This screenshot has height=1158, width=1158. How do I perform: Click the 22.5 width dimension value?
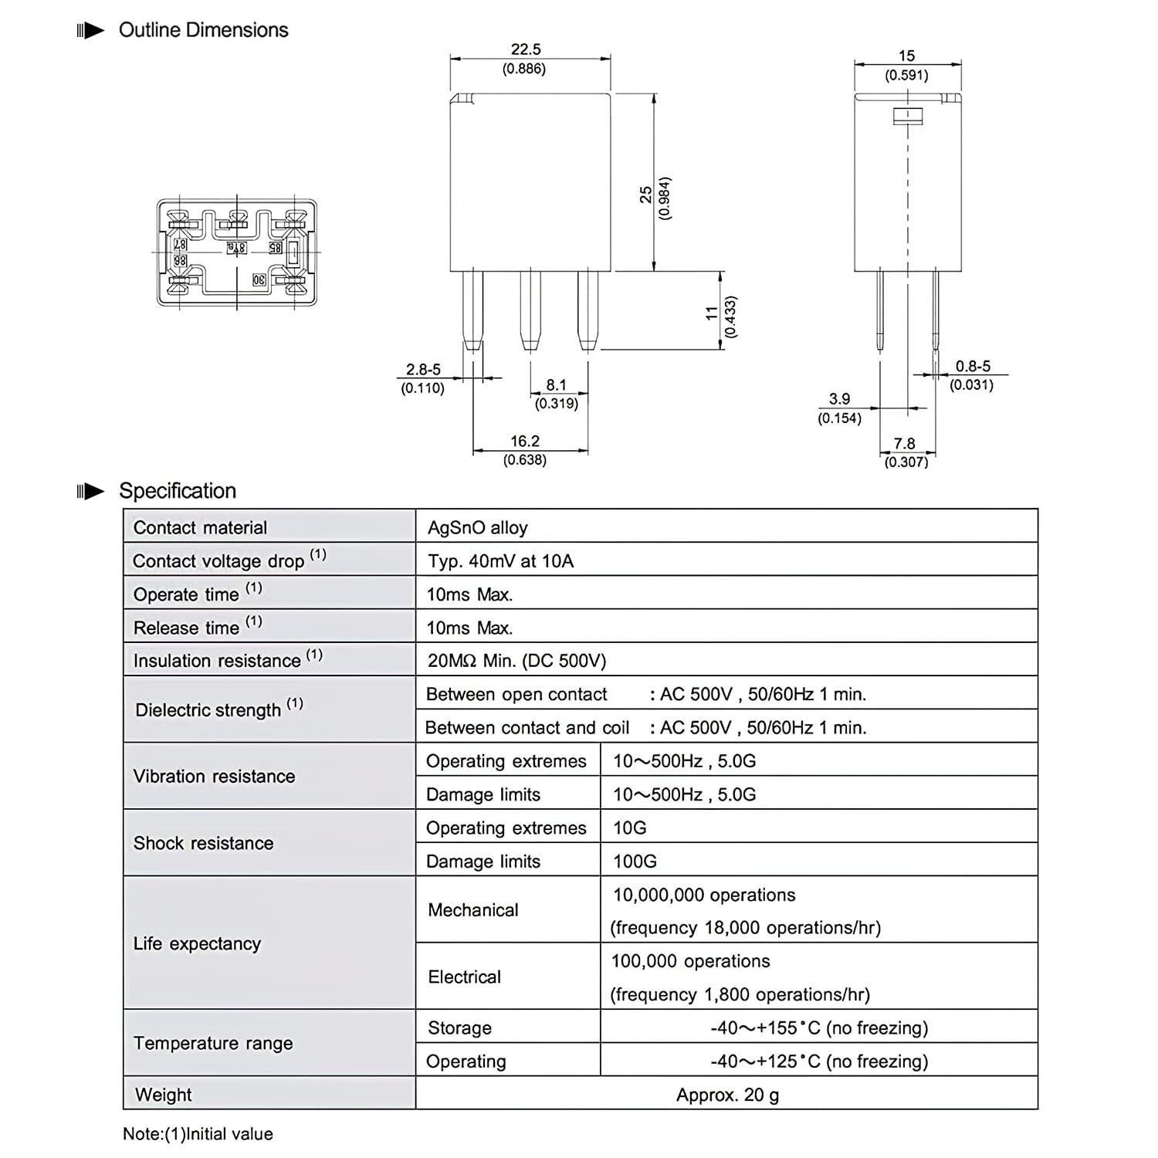(525, 49)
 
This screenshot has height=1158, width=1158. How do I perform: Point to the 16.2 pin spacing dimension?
(525, 441)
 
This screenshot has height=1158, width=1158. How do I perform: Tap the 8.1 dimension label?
(556, 384)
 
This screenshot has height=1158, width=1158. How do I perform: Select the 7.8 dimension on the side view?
(904, 444)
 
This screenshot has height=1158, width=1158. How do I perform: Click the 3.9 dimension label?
(839, 399)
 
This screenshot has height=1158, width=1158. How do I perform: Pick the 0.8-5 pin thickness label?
(972, 367)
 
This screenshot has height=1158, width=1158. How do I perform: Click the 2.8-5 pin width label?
(423, 370)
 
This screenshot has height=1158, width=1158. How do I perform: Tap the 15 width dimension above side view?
(906, 56)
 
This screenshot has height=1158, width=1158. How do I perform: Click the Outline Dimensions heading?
(203, 30)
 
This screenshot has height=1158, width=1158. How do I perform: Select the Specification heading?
(178, 491)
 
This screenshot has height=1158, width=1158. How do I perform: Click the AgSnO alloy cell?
(478, 528)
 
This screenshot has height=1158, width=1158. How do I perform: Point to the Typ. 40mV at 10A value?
(500, 561)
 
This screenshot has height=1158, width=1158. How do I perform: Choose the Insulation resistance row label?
(217, 661)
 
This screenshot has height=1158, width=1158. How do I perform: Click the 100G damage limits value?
(635, 861)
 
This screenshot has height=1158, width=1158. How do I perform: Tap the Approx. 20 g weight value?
(727, 1095)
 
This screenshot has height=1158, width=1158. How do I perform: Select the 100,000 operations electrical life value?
(690, 961)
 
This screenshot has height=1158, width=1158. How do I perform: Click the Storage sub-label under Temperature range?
(459, 1028)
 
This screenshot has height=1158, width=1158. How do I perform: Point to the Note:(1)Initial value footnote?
(198, 1134)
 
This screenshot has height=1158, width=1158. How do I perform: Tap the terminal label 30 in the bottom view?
(259, 280)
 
